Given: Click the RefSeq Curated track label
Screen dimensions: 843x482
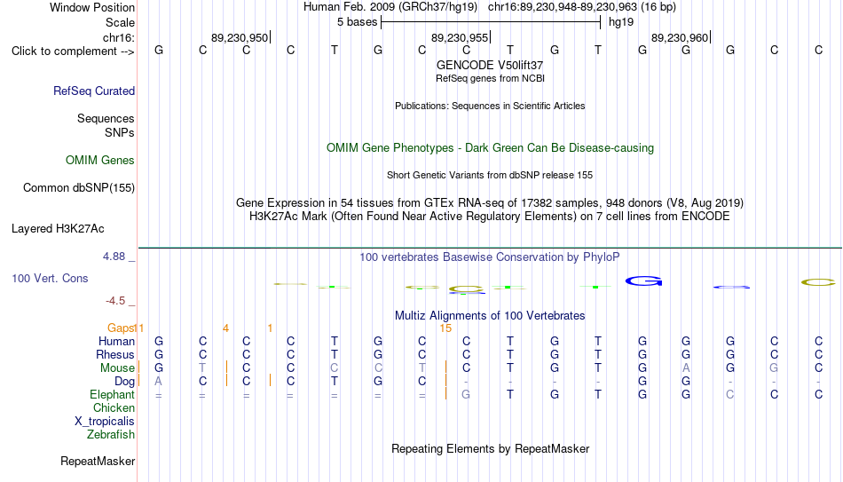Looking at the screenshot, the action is pos(94,91).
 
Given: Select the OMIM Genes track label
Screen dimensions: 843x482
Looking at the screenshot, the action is pos(100,161).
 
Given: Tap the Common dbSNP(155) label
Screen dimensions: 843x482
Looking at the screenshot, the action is pos(79,188).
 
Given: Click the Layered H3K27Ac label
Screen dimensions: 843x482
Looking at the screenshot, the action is pos(58,229).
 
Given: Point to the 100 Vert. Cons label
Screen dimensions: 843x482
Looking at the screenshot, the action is pos(50,278).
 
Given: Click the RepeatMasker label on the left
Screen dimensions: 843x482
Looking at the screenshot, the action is pos(98,461).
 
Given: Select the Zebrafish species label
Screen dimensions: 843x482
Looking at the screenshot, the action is pos(111,434).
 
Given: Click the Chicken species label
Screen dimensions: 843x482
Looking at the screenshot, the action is pos(114,407).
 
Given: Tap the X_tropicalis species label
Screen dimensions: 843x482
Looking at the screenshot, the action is pos(105,422).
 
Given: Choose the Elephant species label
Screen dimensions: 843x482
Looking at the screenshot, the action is pos(112,394).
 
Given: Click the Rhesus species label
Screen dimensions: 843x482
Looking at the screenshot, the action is pos(115,354).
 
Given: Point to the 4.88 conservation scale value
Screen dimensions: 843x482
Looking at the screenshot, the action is pos(114,257).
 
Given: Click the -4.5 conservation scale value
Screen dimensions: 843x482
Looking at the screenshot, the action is pos(115,301).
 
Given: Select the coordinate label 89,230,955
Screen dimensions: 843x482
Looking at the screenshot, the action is pos(460,37).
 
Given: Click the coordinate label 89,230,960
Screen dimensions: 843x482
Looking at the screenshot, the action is pos(680,37).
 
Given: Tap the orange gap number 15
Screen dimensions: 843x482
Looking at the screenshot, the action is pos(445,328).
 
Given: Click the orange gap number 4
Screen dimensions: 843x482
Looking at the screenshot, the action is pos(225,328).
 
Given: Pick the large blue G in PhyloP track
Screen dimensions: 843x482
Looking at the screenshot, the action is pos(643,281).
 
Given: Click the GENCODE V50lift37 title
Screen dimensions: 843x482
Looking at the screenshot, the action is pos(490,65).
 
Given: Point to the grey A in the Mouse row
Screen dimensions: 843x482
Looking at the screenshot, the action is pos(686,368).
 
